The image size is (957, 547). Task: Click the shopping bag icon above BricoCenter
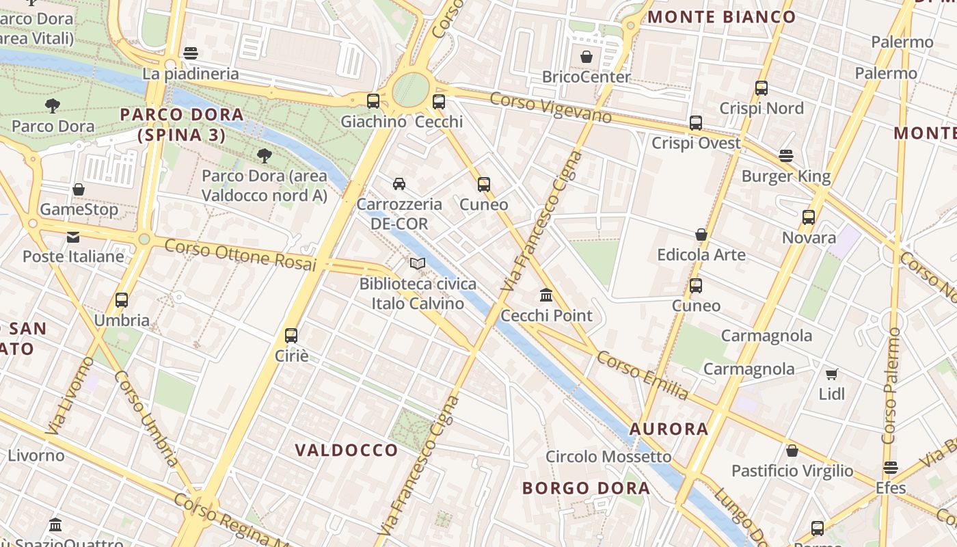point(586,57)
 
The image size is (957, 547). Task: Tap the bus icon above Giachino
point(373,101)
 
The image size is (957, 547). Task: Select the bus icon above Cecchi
point(439,102)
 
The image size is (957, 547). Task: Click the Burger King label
point(786,176)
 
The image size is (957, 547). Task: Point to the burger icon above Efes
point(890,468)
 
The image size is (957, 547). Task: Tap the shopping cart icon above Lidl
point(831,374)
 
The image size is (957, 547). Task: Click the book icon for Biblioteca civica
point(418,263)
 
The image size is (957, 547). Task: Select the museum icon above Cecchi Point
point(546,295)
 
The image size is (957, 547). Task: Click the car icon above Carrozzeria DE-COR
point(399,183)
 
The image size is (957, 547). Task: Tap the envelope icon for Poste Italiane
point(73,237)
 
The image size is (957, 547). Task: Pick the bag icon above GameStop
point(79,189)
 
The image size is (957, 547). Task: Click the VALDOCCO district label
point(347,450)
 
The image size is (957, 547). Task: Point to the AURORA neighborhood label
point(669,429)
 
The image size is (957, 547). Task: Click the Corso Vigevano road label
point(550,107)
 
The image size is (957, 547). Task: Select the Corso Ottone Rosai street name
point(241,254)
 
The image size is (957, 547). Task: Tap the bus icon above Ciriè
point(291,335)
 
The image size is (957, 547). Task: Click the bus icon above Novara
point(809,217)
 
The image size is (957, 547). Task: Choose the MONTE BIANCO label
point(722,17)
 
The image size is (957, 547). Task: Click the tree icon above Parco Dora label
point(53,105)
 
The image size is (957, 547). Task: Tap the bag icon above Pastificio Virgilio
point(792,451)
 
